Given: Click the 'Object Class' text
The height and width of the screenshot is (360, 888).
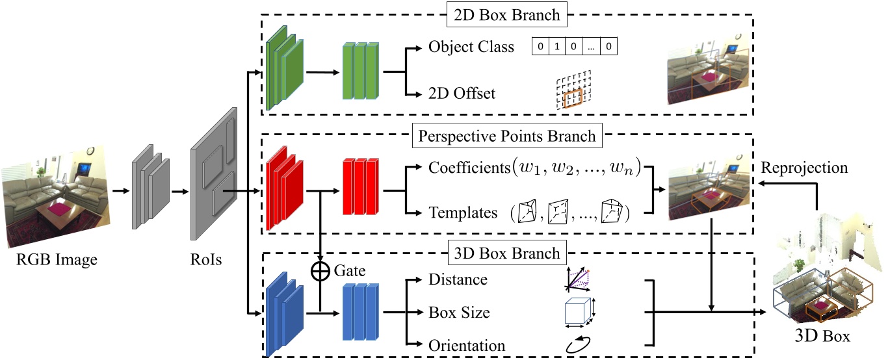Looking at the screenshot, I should tap(471, 47).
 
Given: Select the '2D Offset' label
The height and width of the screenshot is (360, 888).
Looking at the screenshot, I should tap(462, 94).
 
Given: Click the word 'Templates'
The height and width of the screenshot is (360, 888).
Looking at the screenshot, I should tap(463, 212).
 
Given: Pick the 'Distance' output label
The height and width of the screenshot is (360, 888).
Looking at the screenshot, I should tap(458, 279).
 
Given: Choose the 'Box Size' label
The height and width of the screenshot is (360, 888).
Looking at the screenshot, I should tap(459, 313).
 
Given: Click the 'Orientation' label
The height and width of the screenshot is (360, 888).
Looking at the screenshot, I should tap(467, 345).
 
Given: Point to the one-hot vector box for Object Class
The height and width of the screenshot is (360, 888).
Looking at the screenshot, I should tap(574, 47).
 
